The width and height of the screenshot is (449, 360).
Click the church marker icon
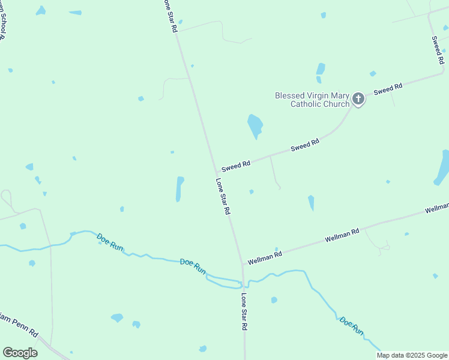pyautogui.click(x=358, y=99)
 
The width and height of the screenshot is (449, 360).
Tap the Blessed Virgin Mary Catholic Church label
pyautogui.click(x=312, y=100)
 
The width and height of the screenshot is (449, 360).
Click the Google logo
pyautogui.click(x=20, y=353)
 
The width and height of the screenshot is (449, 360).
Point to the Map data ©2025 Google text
pyautogui.click(x=411, y=355)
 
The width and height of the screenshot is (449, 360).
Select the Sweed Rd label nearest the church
pyautogui.click(x=388, y=89)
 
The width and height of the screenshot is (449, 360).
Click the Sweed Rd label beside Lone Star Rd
pyautogui.click(x=235, y=165)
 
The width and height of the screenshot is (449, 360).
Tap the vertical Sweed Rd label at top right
pyautogui.click(x=438, y=50)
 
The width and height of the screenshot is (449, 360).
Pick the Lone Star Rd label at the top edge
pyautogui.click(x=170, y=16)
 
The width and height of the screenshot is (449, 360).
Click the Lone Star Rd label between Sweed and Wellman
pyautogui.click(x=223, y=197)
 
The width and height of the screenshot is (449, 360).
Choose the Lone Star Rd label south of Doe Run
pyautogui.click(x=244, y=312)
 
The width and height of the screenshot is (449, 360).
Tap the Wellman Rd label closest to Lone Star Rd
pyautogui.click(x=265, y=255)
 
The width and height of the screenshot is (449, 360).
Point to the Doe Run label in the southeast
pyautogui.click(x=352, y=325)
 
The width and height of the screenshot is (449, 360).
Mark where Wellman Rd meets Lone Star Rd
pyautogui.click(x=243, y=262)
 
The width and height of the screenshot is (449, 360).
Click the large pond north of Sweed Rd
pyautogui.click(x=255, y=125)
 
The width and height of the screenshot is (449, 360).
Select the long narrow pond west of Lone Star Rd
pyautogui.click(x=179, y=189)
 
